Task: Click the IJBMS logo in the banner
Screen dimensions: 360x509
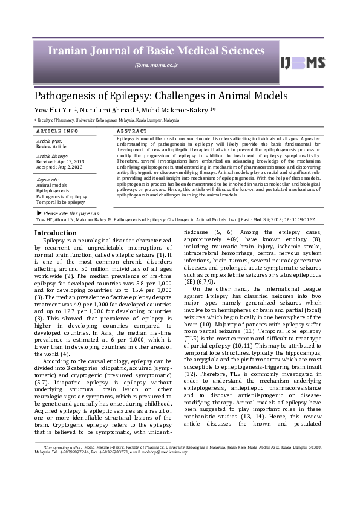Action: (x=302, y=63)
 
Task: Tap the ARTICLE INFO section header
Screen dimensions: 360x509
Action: (x=57, y=131)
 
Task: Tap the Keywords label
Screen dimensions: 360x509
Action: (x=48, y=180)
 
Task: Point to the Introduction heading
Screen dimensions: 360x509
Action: (x=55, y=233)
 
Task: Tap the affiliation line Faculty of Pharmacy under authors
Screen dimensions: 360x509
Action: (x=109, y=120)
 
